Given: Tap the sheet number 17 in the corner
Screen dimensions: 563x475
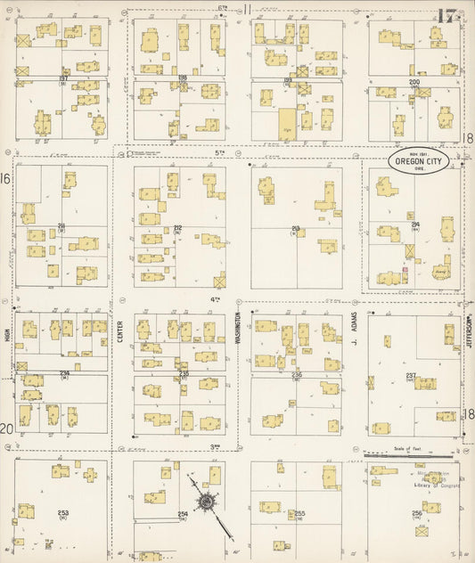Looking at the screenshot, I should (x=448, y=15).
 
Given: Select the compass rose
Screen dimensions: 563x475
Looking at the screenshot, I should (x=206, y=503).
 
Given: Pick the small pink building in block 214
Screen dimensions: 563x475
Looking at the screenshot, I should (x=405, y=269).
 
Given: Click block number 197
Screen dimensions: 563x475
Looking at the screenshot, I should (x=63, y=78).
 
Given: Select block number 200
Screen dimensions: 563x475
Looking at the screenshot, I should (x=414, y=82).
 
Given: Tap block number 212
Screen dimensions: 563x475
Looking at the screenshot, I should (x=178, y=227).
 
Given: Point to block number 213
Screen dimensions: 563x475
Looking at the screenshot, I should (x=296, y=227).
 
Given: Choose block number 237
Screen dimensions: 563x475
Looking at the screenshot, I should (x=411, y=375).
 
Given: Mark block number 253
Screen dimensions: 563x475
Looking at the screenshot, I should (x=62, y=513).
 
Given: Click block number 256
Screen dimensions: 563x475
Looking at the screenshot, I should (x=416, y=514).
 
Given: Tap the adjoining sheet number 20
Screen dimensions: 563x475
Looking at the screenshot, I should (x=6, y=428).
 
